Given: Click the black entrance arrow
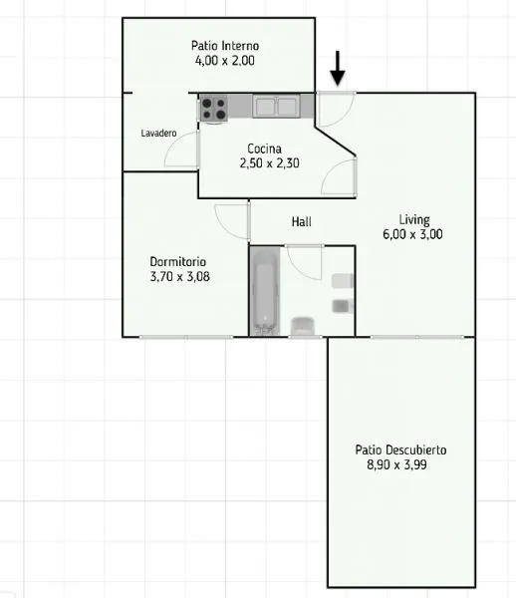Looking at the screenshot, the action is pos(338,69).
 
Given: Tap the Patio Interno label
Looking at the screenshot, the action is pos(225,46).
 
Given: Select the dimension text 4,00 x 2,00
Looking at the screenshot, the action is pos(225,61).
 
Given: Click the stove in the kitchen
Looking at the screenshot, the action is pos(213,109).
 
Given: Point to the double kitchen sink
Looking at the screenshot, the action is pos(276,106).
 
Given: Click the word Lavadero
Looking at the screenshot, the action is pos(158,134).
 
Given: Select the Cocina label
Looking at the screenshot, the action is pos(265,149).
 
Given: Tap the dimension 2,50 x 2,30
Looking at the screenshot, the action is pos(269,163).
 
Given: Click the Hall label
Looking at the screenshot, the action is pos(302,221).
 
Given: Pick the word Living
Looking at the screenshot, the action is pos(414,219).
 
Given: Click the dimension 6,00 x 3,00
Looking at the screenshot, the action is pos(412,234).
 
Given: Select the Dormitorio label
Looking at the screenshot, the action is pos(178,261).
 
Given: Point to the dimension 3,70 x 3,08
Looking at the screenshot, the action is pos(180,276).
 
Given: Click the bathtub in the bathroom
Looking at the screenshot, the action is pos(265,292).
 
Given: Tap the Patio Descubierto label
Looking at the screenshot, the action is pos(400,450).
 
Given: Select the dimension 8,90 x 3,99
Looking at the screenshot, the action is pos(396,464).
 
